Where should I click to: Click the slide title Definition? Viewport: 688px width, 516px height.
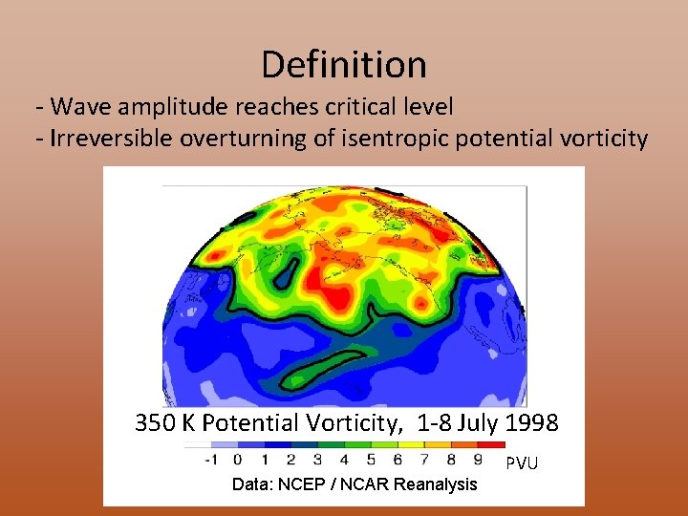[x=344, y=65]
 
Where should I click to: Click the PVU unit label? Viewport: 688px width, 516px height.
[x=522, y=463]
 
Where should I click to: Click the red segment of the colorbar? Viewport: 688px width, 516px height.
[x=491, y=444]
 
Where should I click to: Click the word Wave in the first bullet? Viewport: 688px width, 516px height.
[x=75, y=106]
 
